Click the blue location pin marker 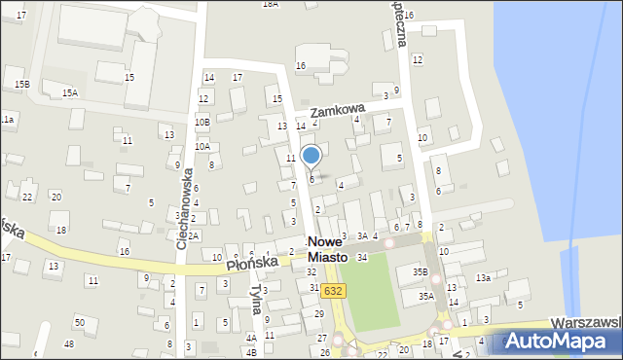[x=311, y=156]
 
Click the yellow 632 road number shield [x=334, y=291]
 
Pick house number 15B [x=21, y=85]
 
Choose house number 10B [x=202, y=122]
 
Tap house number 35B [x=420, y=272]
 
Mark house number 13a [x=483, y=278]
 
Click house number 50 [x=80, y=322]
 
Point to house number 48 [x=68, y=344]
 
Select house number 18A [x=271, y=4]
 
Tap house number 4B [x=251, y=351]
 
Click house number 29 [x=319, y=313]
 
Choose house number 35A [x=425, y=296]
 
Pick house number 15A [x=70, y=92]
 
